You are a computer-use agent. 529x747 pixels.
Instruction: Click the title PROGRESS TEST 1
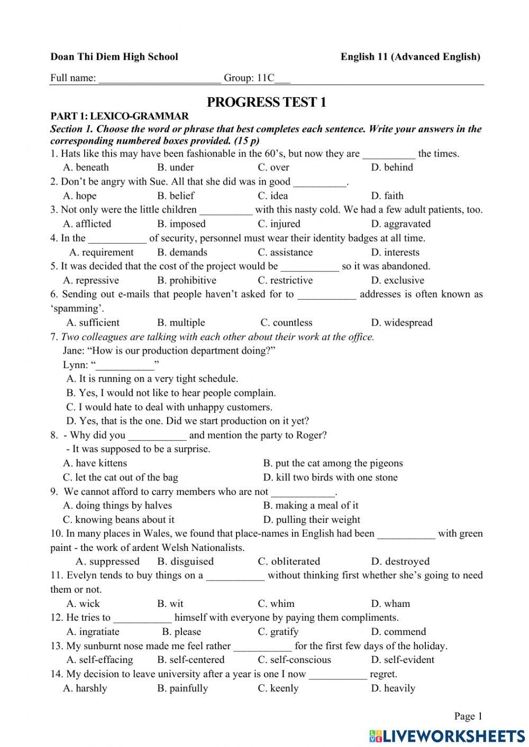(266, 102)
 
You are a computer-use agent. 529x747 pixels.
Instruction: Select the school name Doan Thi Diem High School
(114, 57)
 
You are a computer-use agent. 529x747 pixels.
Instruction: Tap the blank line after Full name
(160, 79)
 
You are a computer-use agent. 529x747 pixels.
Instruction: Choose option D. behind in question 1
(392, 168)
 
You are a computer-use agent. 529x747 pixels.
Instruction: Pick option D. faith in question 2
(387, 196)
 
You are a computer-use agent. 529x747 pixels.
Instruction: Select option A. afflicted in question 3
(87, 224)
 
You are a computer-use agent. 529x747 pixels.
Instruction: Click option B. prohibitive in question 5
(186, 280)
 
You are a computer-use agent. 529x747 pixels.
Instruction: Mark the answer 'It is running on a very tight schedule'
(152, 379)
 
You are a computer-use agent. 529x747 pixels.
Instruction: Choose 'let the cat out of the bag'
(121, 477)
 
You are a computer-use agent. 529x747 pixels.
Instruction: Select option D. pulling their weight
(312, 520)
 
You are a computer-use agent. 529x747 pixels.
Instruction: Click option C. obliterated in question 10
(289, 561)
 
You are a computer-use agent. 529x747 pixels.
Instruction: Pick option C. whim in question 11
(276, 604)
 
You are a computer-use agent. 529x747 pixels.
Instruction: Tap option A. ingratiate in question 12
(93, 632)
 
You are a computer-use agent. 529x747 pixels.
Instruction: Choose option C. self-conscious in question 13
(294, 660)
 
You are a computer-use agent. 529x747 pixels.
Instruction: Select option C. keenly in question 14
(278, 688)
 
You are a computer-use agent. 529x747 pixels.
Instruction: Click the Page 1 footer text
(468, 716)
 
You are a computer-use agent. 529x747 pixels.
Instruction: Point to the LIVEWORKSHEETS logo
(447, 735)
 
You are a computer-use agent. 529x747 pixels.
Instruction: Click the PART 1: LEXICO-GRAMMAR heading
(120, 116)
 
